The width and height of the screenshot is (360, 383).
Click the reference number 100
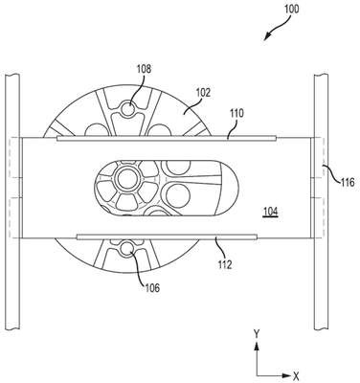[291, 9]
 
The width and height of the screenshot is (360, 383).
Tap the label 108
[144, 69]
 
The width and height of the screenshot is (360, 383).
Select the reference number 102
[204, 93]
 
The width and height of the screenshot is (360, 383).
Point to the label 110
[236, 113]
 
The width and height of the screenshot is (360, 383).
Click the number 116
[347, 182]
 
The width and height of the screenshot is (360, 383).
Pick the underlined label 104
[271, 212]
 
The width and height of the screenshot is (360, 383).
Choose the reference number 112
[225, 264]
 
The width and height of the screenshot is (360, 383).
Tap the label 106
[152, 288]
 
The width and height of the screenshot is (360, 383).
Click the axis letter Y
[257, 334]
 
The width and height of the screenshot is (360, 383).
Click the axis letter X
[296, 375]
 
